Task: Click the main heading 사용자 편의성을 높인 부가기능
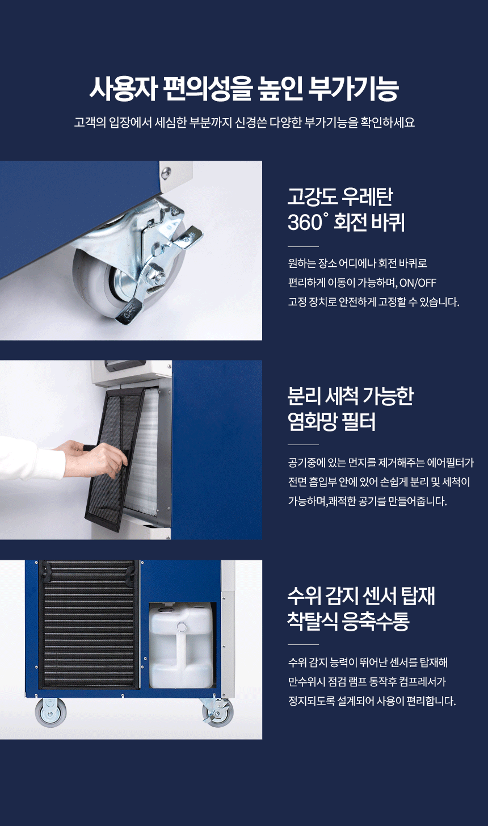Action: pyautogui.click(x=244, y=89)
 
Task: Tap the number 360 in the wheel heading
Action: pyautogui.click(x=305, y=223)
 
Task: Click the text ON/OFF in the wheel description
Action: pyautogui.click(x=418, y=283)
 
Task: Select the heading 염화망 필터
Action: pyautogui.click(x=332, y=422)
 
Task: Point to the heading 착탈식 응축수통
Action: pyautogui.click(x=348, y=621)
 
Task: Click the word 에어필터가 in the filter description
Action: pyautogui.click(x=450, y=463)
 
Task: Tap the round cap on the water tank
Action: pyautogui.click(x=182, y=627)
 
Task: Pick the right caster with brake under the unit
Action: pyautogui.click(x=218, y=712)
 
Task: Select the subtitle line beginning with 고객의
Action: pyautogui.click(x=244, y=123)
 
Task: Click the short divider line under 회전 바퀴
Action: pyautogui.click(x=303, y=246)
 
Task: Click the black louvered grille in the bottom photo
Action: pyautogui.click(x=89, y=624)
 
